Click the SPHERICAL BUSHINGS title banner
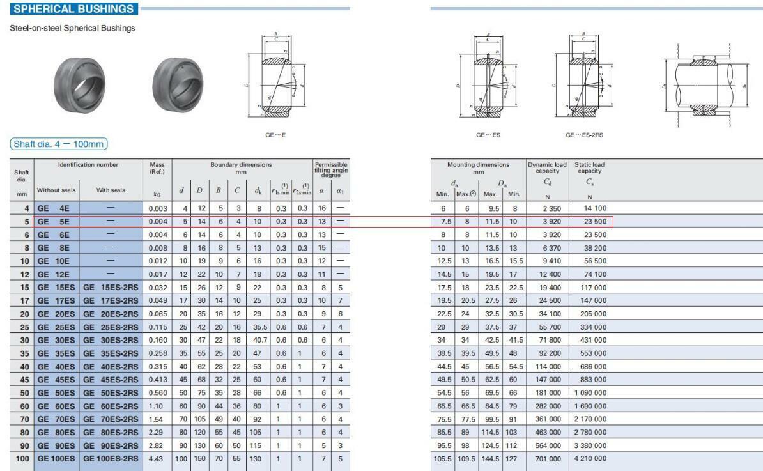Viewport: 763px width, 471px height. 74,9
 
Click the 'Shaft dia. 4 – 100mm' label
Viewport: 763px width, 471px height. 58,144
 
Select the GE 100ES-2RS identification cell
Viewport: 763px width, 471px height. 111,458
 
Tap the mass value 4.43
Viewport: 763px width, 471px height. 157,458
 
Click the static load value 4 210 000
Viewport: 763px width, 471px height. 590,458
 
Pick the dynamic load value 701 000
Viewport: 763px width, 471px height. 548,458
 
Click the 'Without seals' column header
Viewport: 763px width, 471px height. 56,190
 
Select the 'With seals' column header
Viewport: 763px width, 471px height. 112,190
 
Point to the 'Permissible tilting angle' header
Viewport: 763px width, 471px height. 331,169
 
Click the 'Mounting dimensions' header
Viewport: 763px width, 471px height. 478,168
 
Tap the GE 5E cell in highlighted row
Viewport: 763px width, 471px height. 56,221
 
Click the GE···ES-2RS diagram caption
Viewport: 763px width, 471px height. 584,135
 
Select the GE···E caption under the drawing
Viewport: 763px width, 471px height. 275,135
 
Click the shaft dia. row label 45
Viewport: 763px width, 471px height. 24,379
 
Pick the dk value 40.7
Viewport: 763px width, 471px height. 260,339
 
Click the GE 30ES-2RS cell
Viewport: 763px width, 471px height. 111,339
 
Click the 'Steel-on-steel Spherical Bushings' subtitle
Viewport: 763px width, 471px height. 72,28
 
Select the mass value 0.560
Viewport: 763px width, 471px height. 157,392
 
